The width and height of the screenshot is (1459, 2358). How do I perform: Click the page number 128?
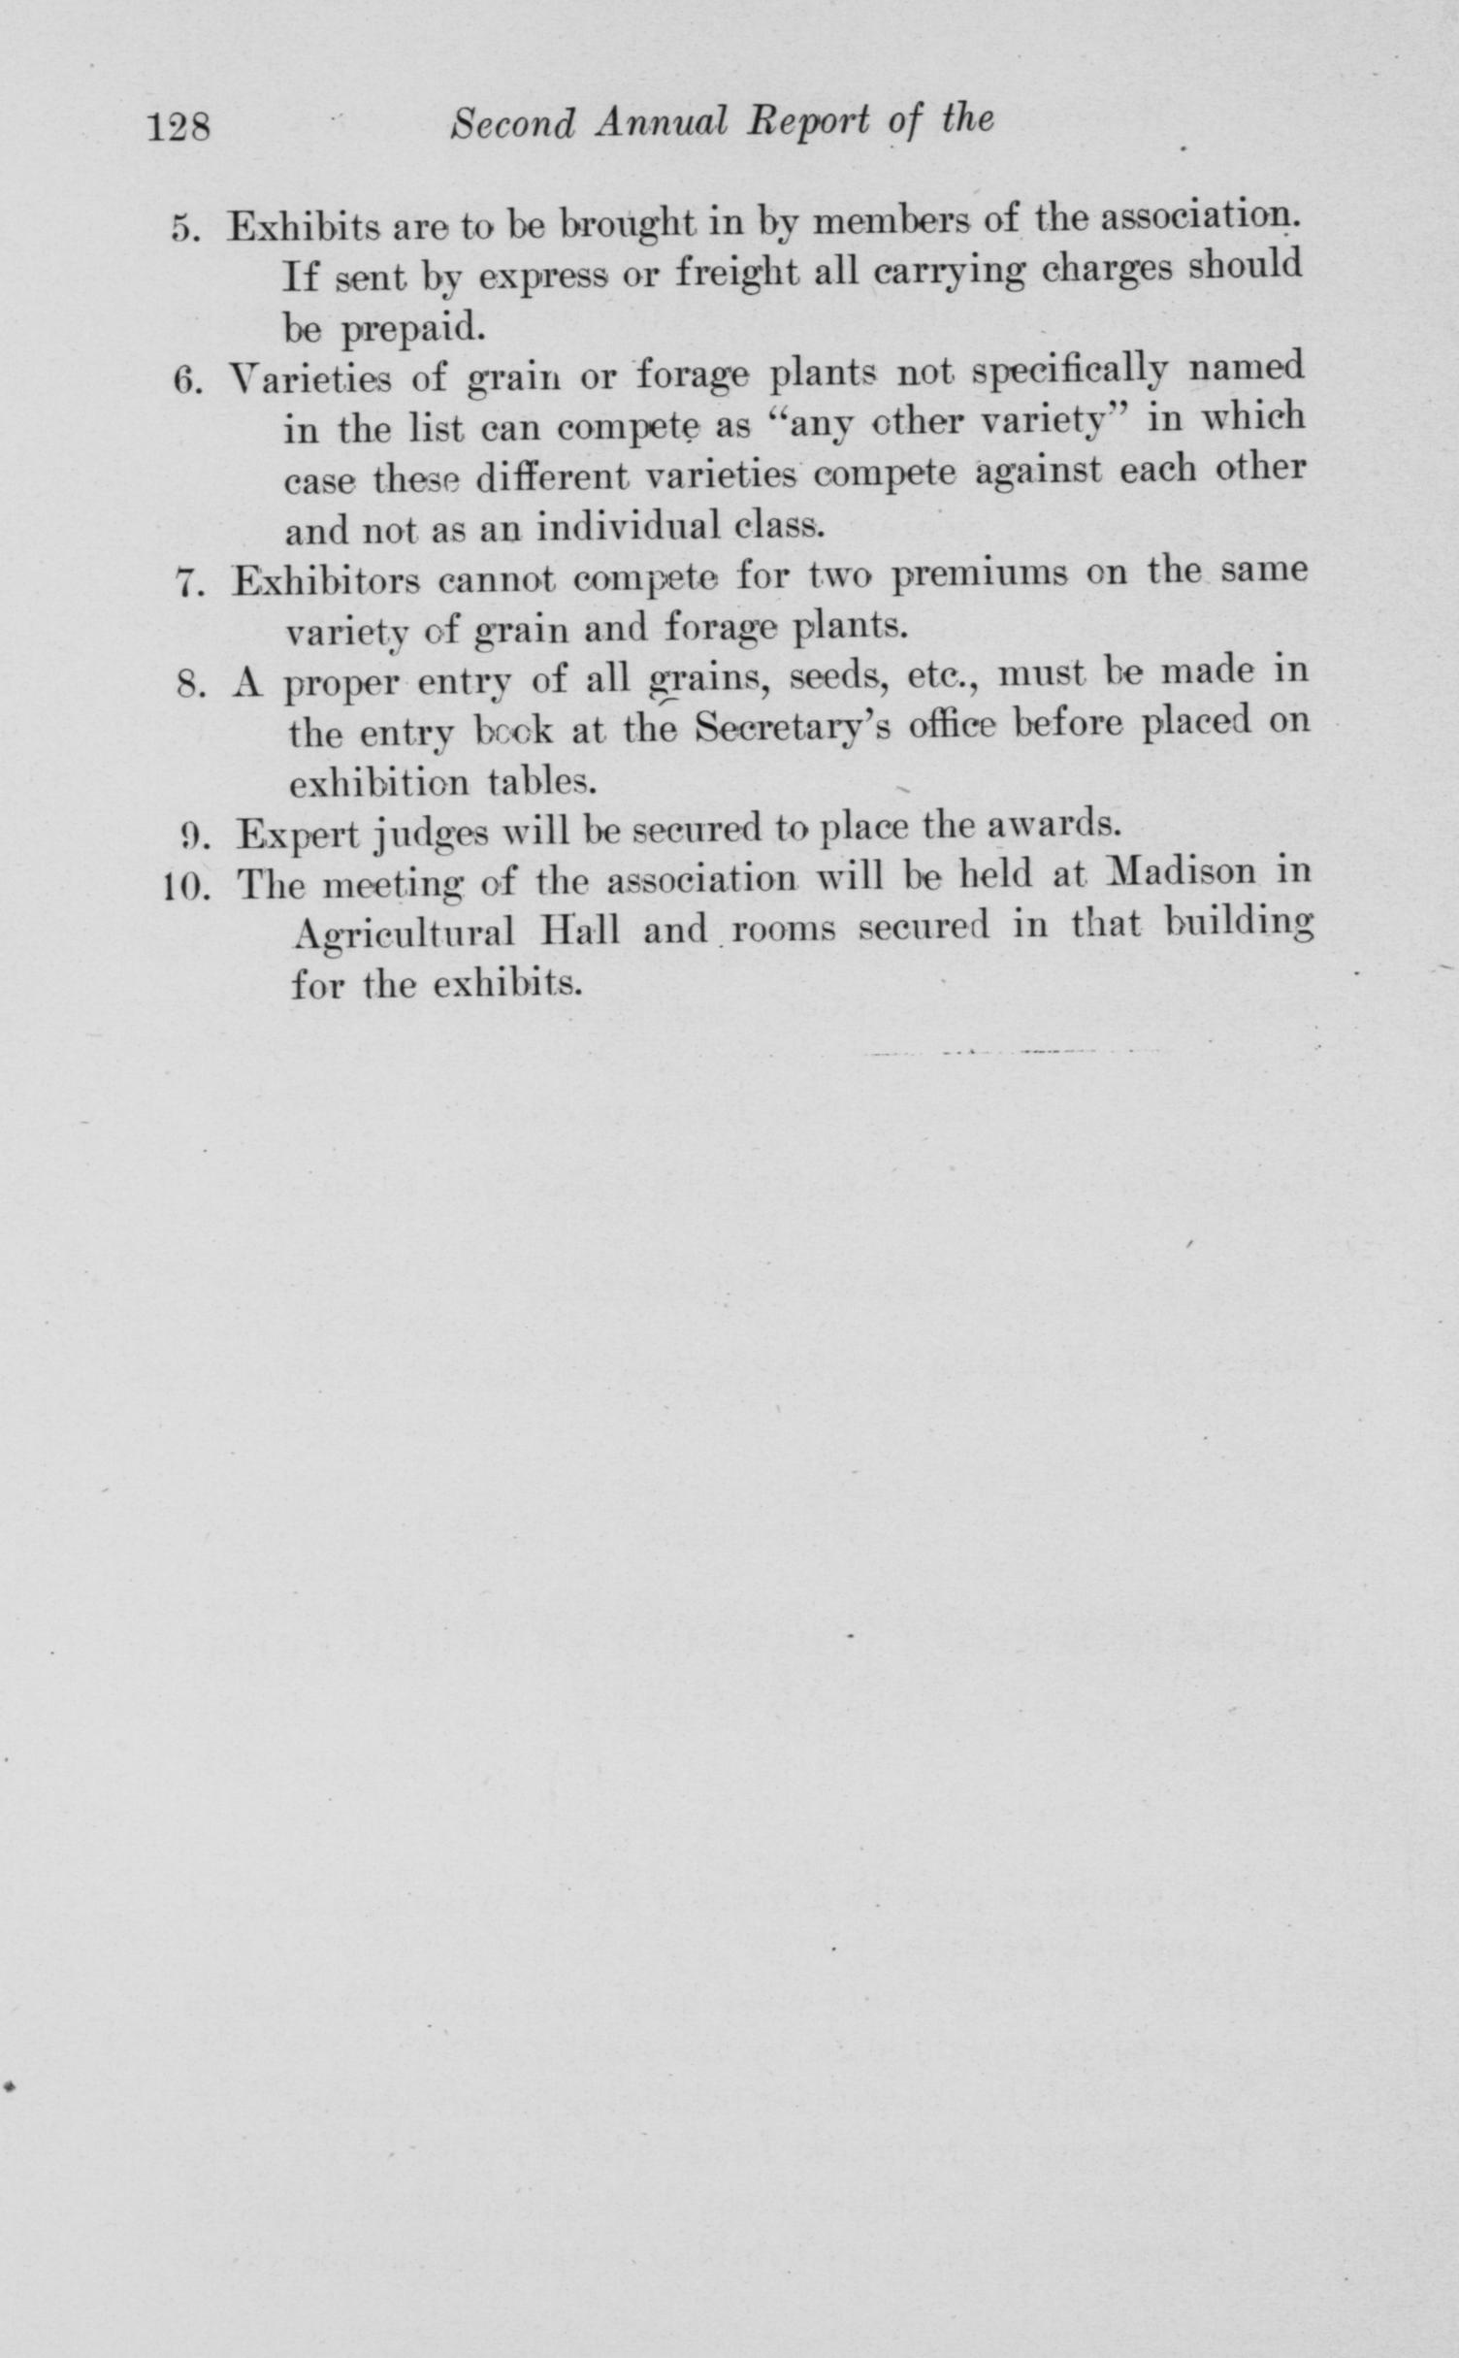tap(178, 127)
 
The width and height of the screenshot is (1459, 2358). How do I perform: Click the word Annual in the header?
tap(661, 123)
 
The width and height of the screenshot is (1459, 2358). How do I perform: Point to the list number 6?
tap(185, 379)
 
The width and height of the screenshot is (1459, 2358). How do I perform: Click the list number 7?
tap(187, 583)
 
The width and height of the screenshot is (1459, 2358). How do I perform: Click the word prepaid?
tap(411, 330)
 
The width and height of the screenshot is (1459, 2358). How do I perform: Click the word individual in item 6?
tap(628, 527)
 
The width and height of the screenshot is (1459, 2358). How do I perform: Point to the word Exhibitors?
tap(325, 582)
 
